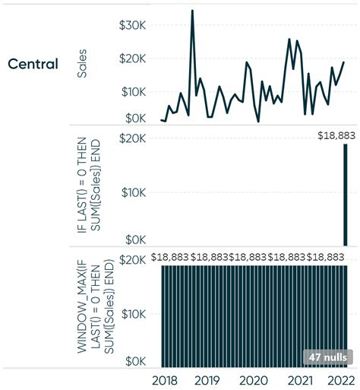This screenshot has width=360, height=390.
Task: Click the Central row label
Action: point(33,64)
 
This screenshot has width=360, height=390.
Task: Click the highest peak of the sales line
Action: point(192,12)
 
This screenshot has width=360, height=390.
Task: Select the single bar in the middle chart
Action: point(346,195)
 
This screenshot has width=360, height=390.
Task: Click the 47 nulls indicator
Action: point(327,357)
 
